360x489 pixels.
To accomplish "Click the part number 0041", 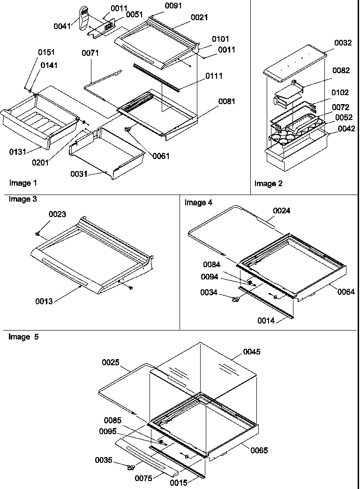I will pyautogui.click(x=62, y=27).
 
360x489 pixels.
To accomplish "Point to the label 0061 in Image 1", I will pyautogui.click(x=161, y=156).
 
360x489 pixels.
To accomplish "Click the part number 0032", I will pyautogui.click(x=343, y=43).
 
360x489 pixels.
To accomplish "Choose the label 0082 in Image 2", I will pyautogui.click(x=341, y=70).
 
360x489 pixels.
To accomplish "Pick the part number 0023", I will pyautogui.click(x=58, y=214).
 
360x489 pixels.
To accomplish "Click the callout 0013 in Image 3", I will pyautogui.click(x=44, y=301).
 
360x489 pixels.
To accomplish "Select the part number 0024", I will pyautogui.click(x=282, y=211).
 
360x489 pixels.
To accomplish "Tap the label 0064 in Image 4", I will pyautogui.click(x=345, y=292).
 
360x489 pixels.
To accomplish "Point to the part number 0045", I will pyautogui.click(x=251, y=352).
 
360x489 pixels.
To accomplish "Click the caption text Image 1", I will pyautogui.click(x=23, y=183).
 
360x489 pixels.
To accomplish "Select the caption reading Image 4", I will pyautogui.click(x=198, y=203).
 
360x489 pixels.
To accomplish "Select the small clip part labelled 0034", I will pyautogui.click(x=236, y=300).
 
